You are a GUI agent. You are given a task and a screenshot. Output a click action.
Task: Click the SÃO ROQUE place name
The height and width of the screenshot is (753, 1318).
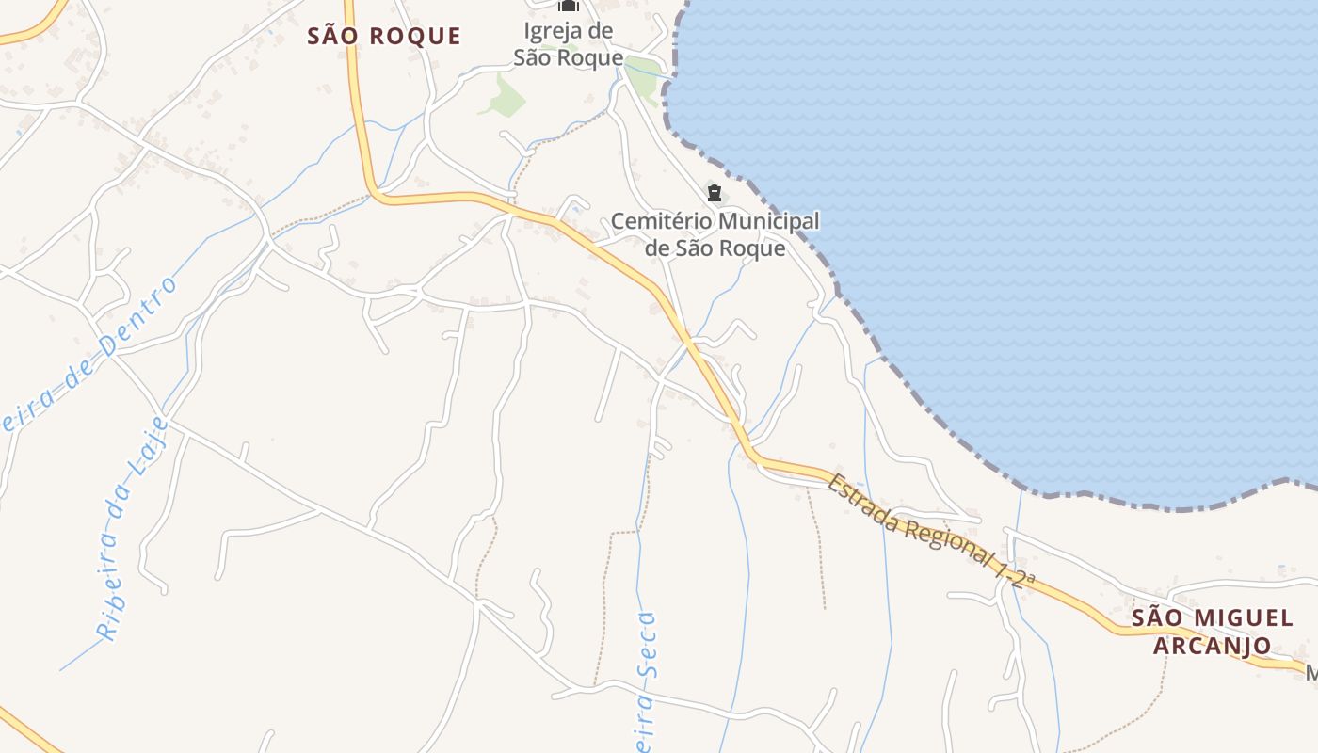[x=385, y=37]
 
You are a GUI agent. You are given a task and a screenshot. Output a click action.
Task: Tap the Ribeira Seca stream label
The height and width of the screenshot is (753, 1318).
[x=645, y=678]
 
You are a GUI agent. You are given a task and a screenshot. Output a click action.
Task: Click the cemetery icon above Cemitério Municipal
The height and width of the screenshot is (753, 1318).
[x=715, y=194]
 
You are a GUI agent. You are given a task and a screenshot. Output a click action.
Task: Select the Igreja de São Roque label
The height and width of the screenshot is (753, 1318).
[x=569, y=44]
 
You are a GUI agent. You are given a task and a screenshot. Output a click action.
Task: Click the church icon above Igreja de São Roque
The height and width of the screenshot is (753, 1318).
[x=569, y=6]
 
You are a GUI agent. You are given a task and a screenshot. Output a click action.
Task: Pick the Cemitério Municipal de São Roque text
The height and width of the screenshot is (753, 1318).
[x=715, y=234]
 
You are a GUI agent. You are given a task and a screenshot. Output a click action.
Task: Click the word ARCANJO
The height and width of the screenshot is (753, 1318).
[x=1212, y=646]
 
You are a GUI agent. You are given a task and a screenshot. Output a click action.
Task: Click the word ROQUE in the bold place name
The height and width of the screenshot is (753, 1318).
[x=414, y=37]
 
